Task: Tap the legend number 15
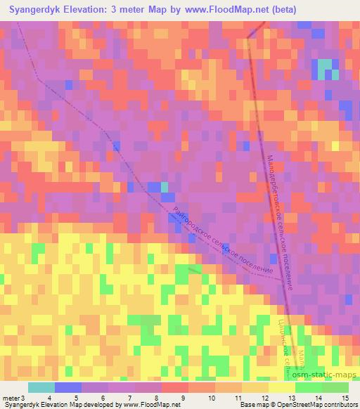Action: (345, 398)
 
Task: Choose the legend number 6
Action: (104, 398)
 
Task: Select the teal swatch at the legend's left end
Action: (41, 387)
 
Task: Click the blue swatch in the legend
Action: (67, 387)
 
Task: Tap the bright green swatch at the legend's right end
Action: (335, 387)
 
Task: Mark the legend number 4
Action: (49, 398)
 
